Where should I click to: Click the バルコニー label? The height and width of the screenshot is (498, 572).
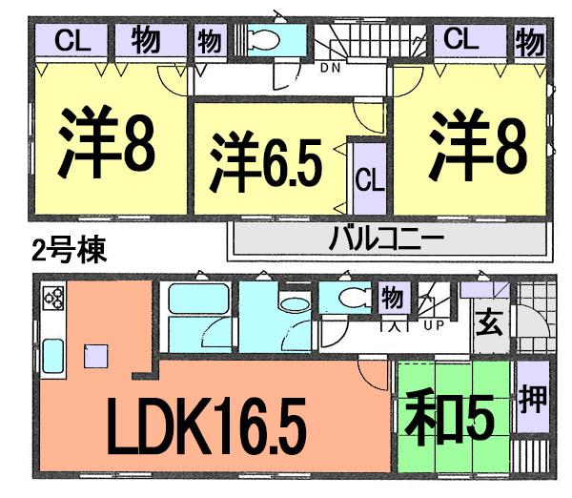382,239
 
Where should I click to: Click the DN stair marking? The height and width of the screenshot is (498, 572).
331,68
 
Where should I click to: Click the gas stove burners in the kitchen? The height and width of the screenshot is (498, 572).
52,300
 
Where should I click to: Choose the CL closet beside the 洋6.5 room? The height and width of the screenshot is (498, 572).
369,178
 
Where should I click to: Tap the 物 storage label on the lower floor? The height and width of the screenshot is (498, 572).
391,298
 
